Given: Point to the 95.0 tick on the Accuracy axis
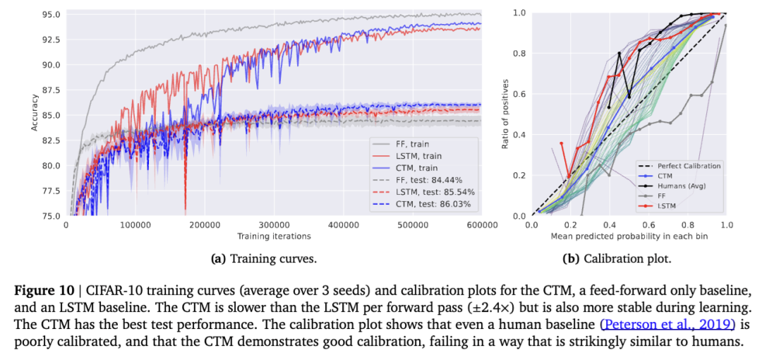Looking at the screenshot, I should [x=51, y=14].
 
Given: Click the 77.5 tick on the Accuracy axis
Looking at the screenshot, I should [x=51, y=191].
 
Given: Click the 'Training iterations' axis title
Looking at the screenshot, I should [x=274, y=236].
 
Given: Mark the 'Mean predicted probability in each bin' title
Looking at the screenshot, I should [x=629, y=236].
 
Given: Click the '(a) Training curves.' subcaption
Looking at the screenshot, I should [x=264, y=259].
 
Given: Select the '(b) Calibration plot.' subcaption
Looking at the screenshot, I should [x=616, y=259].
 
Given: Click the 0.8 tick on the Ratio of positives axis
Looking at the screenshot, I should [x=521, y=53].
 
